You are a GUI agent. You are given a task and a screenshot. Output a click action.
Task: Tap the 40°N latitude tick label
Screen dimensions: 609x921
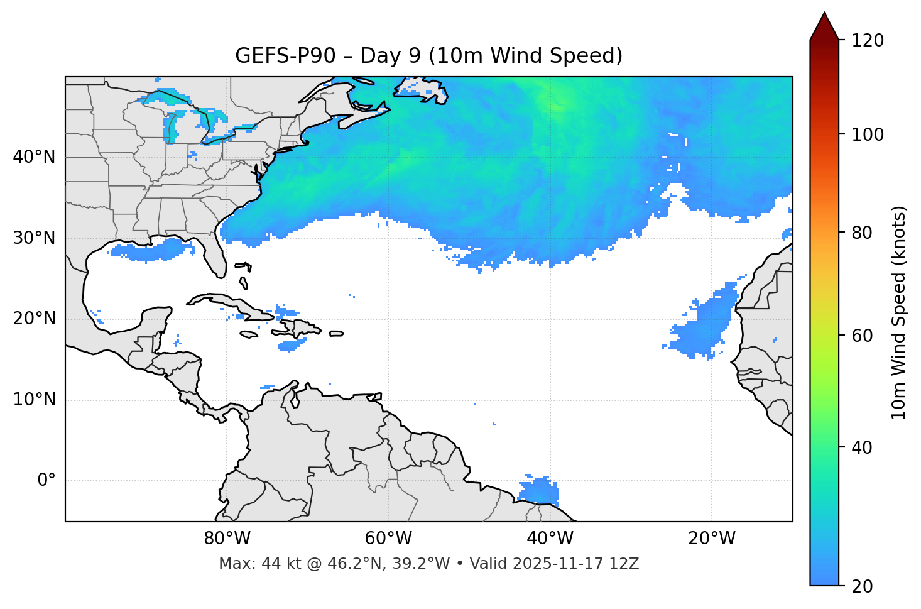coord(34,157)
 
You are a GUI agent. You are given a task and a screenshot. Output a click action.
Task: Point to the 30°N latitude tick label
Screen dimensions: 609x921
coord(34,238)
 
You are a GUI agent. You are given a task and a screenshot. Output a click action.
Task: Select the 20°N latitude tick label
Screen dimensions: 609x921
coord(34,319)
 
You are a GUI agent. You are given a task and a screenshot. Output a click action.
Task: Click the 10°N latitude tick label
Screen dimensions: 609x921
coord(34,400)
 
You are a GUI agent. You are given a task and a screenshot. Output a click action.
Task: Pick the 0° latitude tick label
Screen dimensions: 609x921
coord(46,481)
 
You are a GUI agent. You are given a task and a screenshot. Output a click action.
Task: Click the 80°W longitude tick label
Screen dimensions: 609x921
coord(227,539)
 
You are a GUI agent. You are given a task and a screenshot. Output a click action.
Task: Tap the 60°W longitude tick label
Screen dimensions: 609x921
coord(388,539)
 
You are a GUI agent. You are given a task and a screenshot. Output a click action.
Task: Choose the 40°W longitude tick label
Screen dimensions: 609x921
coord(550,539)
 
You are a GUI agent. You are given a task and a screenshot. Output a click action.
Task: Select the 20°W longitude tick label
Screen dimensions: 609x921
coord(711,539)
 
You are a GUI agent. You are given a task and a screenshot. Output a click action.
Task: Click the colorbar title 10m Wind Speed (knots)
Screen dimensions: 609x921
coord(899,312)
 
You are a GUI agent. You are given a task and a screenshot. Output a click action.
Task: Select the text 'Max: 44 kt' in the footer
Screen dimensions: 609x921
coord(248,564)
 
